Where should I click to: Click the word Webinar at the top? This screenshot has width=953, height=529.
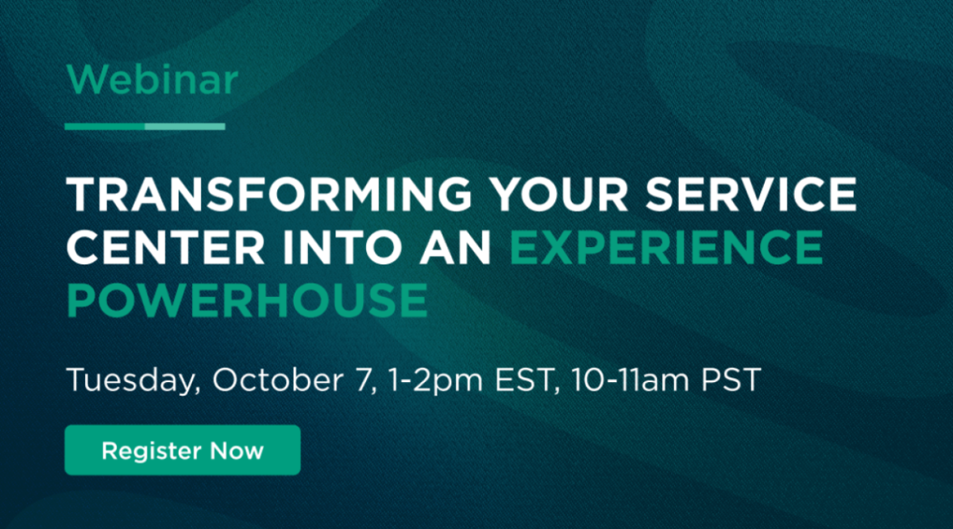click(152, 79)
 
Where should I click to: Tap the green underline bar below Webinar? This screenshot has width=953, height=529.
click(145, 126)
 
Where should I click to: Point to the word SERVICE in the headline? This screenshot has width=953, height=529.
click(751, 194)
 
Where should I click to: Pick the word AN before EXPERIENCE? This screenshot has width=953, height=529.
click(455, 247)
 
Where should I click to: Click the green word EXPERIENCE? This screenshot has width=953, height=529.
click(666, 247)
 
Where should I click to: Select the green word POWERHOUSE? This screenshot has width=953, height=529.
click(247, 300)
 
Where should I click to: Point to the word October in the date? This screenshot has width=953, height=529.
click(278, 379)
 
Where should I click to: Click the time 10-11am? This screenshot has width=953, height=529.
click(630, 379)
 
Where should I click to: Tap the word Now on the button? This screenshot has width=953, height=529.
click(237, 450)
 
